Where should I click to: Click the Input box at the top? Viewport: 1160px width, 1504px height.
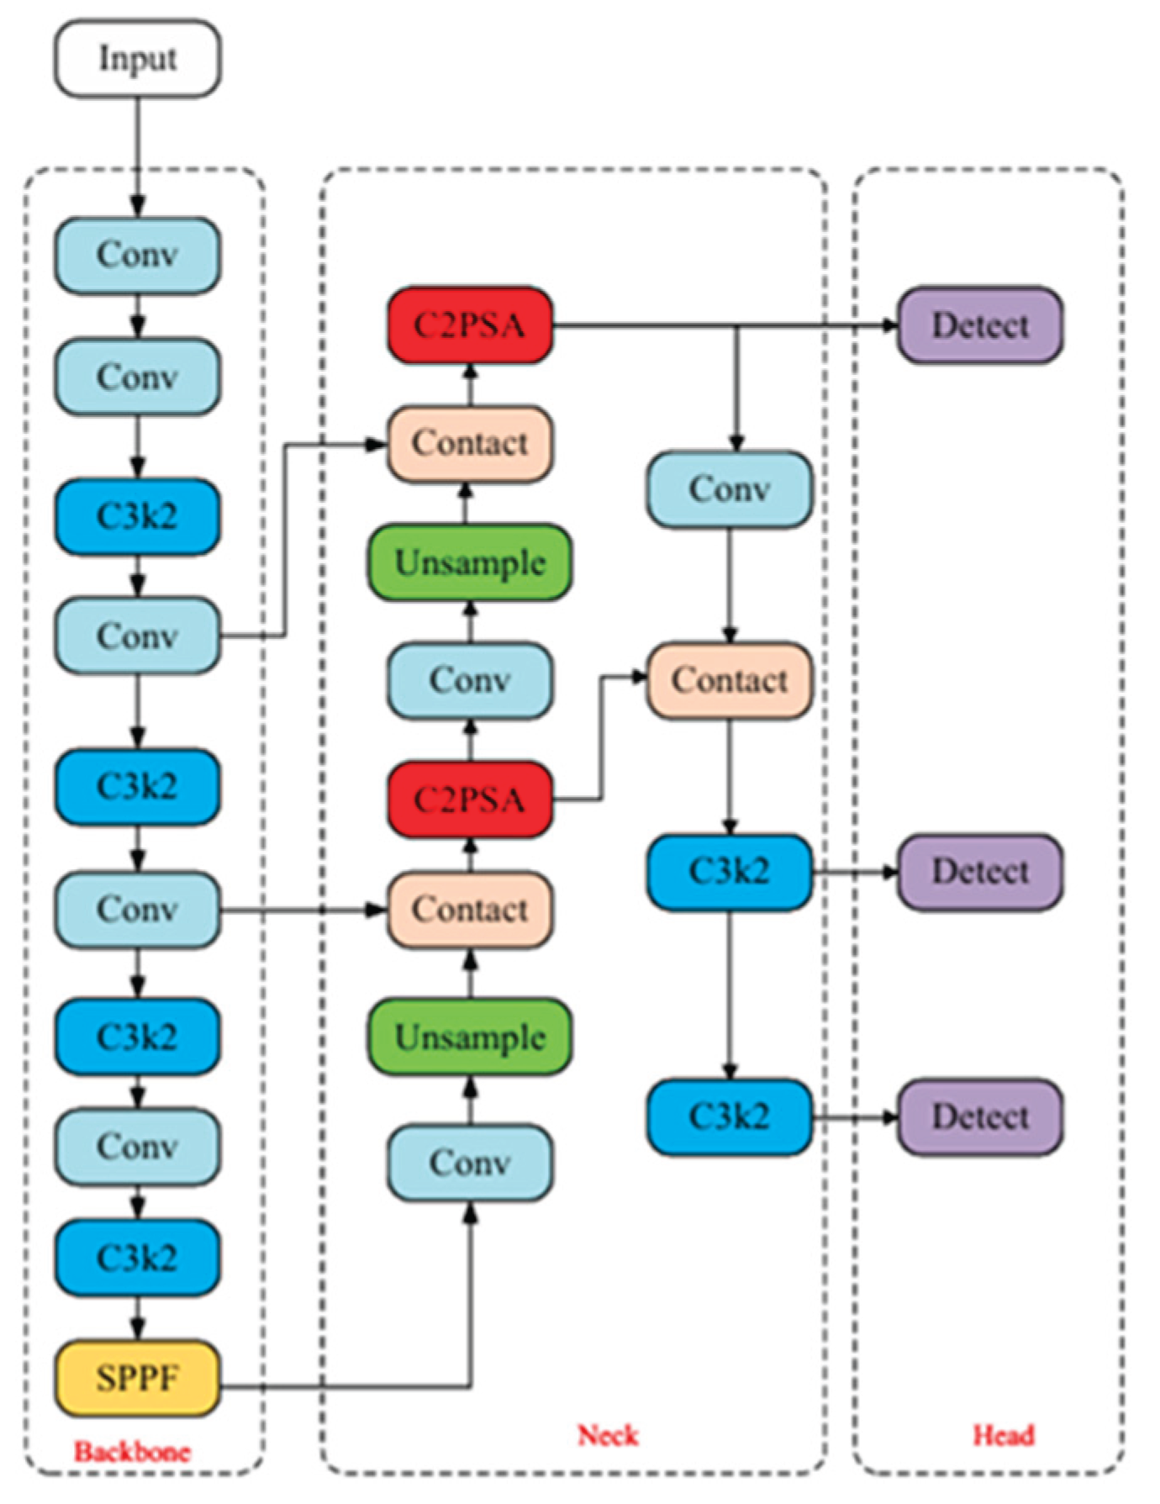pos(138,59)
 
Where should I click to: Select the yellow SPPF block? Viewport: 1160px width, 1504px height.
pos(138,1378)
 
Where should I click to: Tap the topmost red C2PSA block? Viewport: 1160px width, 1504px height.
pos(470,325)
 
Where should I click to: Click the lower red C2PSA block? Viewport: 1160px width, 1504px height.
pos(470,799)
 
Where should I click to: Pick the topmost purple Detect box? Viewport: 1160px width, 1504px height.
pos(980,325)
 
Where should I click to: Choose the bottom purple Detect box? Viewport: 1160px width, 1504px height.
pos(980,1116)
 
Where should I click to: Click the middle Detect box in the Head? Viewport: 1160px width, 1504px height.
pos(980,872)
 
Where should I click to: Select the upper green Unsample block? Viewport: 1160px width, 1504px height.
pos(470,562)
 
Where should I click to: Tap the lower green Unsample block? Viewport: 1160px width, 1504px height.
pos(470,1037)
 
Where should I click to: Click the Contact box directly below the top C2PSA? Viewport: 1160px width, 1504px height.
pos(470,443)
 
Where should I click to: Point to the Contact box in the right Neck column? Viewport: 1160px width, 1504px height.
pos(730,680)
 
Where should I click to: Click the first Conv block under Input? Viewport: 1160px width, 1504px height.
pos(138,255)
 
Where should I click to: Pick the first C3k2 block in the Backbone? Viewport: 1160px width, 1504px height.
pos(138,516)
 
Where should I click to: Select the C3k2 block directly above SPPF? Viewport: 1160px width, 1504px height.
pos(138,1258)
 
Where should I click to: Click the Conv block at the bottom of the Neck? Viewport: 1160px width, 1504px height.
pos(470,1163)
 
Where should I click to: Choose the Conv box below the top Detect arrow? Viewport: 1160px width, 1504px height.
pos(730,489)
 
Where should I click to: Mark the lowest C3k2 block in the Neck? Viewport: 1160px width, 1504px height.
pos(730,1116)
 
